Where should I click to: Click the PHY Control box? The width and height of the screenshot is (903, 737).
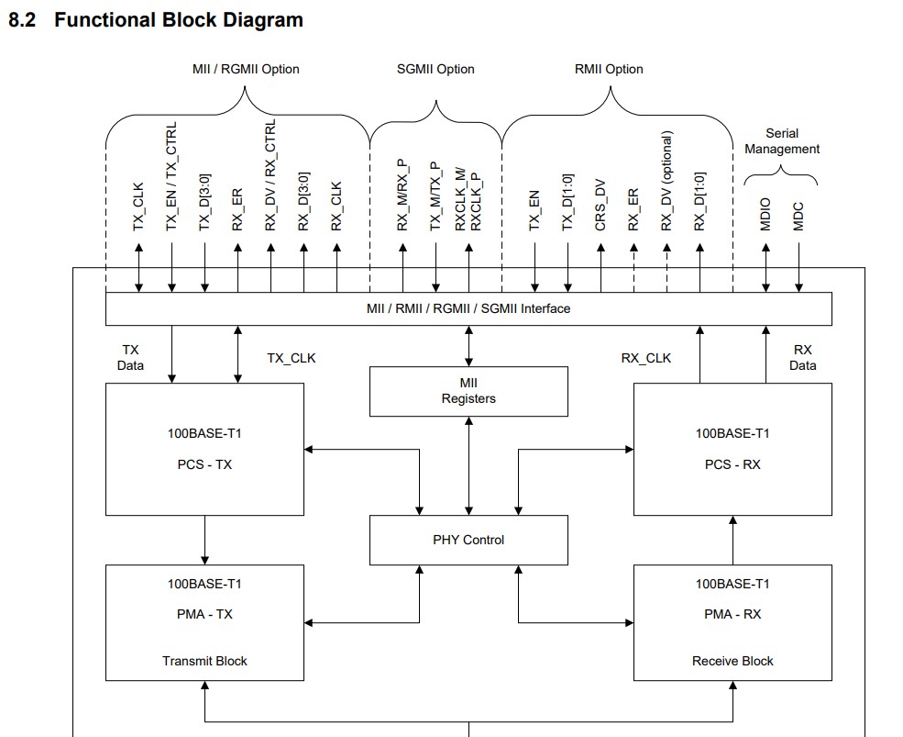tap(468, 540)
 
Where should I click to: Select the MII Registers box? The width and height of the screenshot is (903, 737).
tap(468, 391)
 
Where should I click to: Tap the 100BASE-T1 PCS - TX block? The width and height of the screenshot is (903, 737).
tap(204, 449)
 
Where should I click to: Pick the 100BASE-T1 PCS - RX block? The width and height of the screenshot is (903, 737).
tap(732, 449)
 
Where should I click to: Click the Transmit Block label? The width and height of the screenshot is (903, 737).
tap(204, 661)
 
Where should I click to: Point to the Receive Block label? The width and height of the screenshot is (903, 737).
tap(732, 661)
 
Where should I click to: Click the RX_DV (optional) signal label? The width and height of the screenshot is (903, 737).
tap(666, 181)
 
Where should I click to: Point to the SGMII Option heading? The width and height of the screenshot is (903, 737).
tap(435, 69)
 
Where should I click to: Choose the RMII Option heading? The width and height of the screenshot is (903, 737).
tap(609, 69)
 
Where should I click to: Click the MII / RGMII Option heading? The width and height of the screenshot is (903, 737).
tap(246, 69)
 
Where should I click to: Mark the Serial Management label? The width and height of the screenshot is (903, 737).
tap(782, 141)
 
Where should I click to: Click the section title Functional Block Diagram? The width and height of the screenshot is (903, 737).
tap(179, 19)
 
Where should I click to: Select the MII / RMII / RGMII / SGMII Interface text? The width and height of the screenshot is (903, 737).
tap(468, 308)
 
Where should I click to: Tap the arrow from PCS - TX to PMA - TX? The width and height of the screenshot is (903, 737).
tap(204, 539)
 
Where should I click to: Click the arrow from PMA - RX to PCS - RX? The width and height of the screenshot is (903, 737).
tap(732, 539)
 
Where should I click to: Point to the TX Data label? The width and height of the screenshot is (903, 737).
tap(131, 357)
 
